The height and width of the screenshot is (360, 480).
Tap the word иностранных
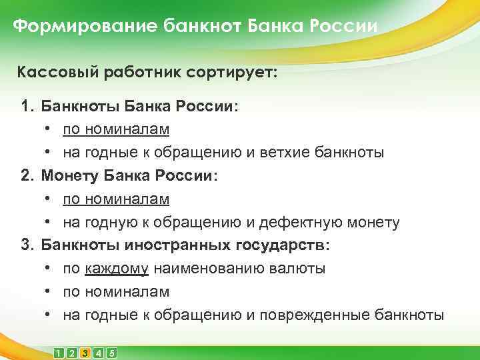177,245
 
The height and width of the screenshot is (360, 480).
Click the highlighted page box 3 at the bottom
85,353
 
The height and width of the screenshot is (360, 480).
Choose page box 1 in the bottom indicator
60,353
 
